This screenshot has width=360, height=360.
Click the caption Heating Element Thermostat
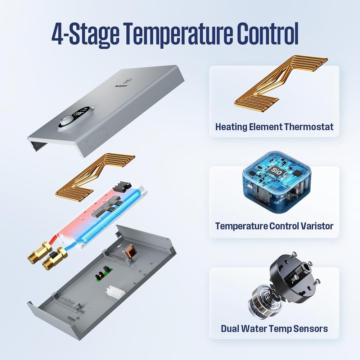coord(274,127)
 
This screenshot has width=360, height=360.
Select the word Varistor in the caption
coord(316,226)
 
